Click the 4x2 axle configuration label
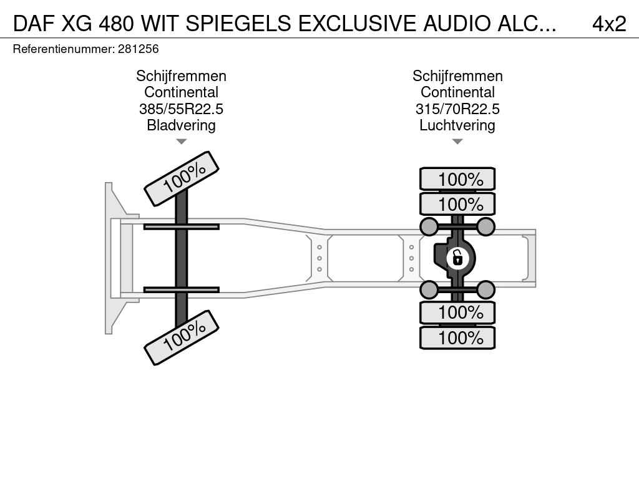pos(609,24)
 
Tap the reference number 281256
pos(138,49)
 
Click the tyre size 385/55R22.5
pos(181,109)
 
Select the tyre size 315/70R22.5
pos(457,109)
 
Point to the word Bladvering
pos(181,125)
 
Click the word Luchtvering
pos(457,125)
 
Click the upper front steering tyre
pos(182,178)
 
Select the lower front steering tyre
pos(182,337)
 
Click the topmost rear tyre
pos(457,179)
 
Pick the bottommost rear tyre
pos(457,337)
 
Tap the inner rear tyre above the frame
pos(457,204)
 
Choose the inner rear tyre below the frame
pos(457,312)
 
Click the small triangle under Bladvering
pos(182,142)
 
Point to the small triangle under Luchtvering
pos(457,142)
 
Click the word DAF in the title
pos(34,24)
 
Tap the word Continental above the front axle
pos(181,92)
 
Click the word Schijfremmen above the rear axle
pos(457,75)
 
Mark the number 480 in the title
pos(116,24)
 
